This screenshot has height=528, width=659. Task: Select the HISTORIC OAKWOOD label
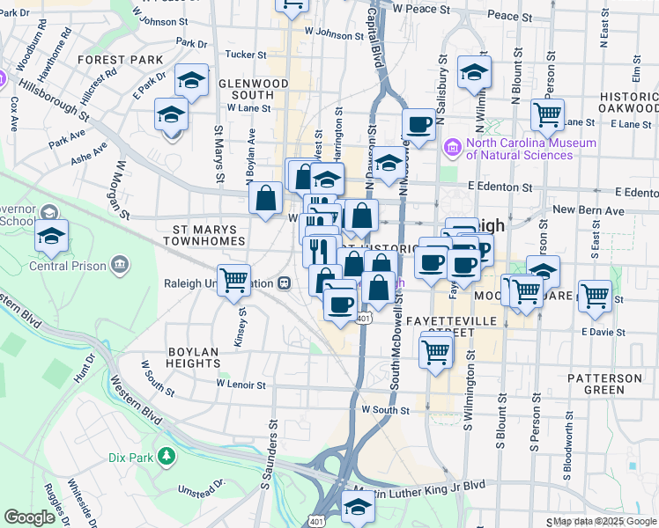[628, 103]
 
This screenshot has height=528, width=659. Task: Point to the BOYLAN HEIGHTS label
[193, 356]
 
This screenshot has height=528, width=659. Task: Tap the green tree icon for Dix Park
[166, 456]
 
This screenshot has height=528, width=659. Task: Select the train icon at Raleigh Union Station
[284, 283]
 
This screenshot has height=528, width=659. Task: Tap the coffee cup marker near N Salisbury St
[419, 125]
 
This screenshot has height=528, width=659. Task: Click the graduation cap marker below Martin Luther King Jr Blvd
[358, 508]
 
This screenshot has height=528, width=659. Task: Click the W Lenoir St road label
[241, 385]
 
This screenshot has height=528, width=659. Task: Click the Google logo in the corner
[29, 517]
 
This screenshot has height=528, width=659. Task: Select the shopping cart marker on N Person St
[548, 114]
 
